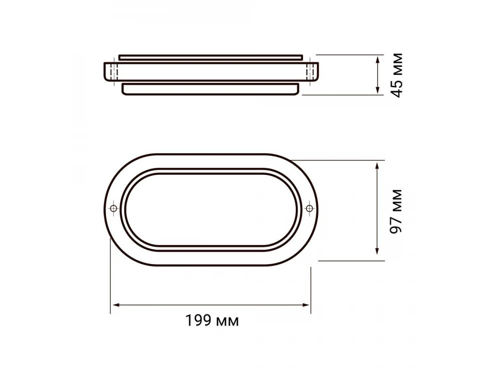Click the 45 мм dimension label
[396, 75]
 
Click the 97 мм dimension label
[396, 211]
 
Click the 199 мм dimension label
[212, 321]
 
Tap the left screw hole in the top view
[114, 208]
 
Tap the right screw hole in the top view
[309, 208]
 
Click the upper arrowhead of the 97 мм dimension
[377, 166]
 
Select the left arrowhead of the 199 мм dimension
[116, 305]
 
